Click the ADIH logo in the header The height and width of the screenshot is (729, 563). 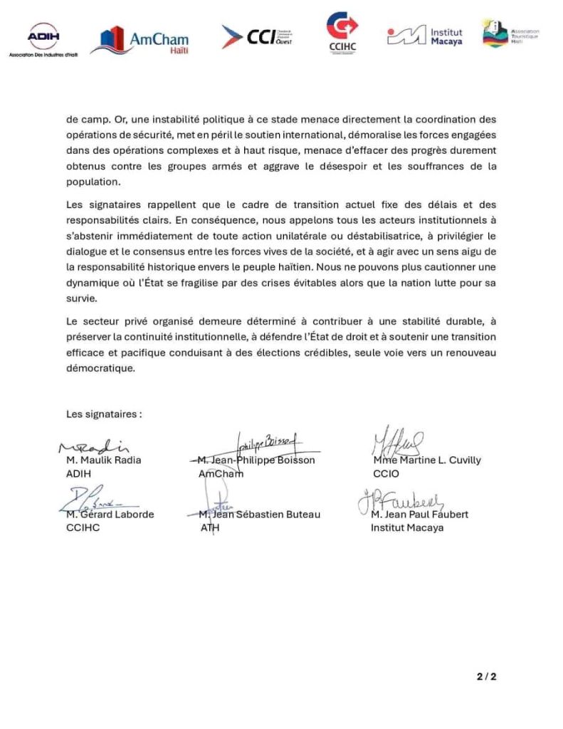[x=43, y=38]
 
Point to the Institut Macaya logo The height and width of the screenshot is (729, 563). [x=425, y=36]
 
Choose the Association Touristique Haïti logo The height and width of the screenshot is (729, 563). [x=510, y=34]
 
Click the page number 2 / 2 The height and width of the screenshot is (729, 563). [x=486, y=676]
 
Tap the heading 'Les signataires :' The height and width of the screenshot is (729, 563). [x=104, y=413]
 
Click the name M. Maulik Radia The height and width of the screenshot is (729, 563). [x=103, y=460]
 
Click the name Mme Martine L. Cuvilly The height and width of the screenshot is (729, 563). [x=426, y=460]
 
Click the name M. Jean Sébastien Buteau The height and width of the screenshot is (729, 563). [x=259, y=515]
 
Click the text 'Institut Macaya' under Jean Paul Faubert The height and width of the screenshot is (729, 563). [x=406, y=528]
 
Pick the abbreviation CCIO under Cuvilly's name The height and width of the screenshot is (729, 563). [x=386, y=473]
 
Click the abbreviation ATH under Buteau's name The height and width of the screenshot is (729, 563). [x=209, y=528]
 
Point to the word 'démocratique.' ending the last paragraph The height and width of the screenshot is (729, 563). [x=100, y=369]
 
